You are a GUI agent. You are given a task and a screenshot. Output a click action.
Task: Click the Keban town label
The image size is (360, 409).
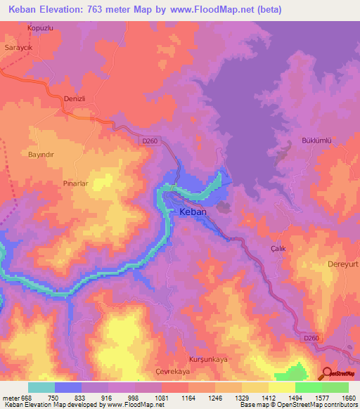(x=193, y=211)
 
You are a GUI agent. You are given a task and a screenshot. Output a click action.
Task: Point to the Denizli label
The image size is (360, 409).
(x=74, y=99)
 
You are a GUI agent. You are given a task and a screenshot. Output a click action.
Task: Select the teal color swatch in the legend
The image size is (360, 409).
(x=41, y=387)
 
